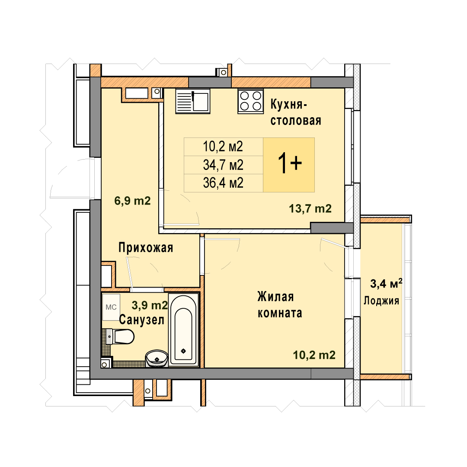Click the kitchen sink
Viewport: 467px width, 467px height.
193,101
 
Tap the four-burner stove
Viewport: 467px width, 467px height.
250,101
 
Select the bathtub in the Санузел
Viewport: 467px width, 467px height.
183,329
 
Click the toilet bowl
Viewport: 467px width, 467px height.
120,336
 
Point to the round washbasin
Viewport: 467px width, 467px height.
157,358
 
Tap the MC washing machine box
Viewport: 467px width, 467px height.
111,307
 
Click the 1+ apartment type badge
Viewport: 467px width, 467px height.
289,165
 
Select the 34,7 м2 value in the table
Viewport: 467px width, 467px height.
223,165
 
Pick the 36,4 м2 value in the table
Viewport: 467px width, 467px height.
223,183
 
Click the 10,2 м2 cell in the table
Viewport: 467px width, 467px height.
223,147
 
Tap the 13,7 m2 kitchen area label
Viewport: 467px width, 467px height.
310,208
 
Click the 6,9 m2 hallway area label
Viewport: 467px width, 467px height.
133,201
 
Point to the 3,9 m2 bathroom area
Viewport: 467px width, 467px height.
150,305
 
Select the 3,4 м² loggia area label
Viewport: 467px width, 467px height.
386,283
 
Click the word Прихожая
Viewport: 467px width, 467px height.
146,247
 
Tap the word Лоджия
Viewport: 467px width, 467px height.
381,301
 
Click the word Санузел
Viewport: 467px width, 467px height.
142,320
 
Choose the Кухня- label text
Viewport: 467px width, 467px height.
288,105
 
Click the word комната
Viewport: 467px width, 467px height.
280,313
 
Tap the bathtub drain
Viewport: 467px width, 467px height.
183,351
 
